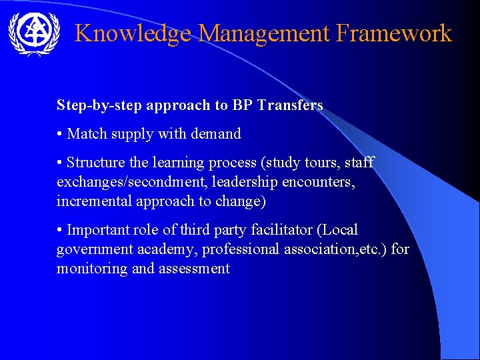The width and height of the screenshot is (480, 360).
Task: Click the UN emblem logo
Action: [x=33, y=33]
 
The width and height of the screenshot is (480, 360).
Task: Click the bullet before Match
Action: [x=60, y=134]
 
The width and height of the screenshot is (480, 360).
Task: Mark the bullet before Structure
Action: [x=60, y=163]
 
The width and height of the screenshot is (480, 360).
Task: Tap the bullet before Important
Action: [x=60, y=230]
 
